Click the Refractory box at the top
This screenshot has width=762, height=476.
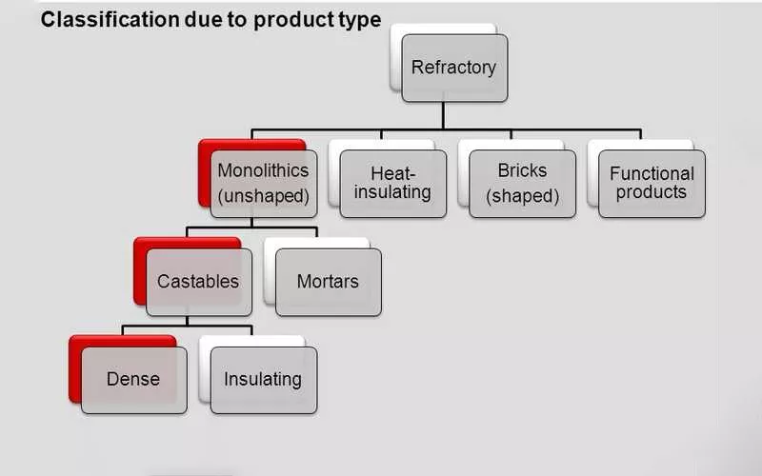click(453, 69)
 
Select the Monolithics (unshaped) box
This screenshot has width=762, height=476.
click(263, 184)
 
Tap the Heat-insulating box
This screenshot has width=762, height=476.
click(392, 184)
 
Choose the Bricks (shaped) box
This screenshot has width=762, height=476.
click(522, 184)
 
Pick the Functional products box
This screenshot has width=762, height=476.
click(652, 184)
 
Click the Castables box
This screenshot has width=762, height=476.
click(198, 282)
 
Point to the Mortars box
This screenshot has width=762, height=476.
click(328, 282)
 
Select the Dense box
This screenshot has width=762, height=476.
click(133, 379)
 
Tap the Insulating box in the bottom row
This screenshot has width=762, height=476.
click(263, 379)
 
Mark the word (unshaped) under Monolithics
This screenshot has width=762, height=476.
click(263, 197)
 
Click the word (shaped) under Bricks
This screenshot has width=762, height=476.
click(522, 197)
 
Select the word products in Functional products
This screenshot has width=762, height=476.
click(652, 191)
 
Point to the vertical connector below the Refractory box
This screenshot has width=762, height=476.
click(443, 114)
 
